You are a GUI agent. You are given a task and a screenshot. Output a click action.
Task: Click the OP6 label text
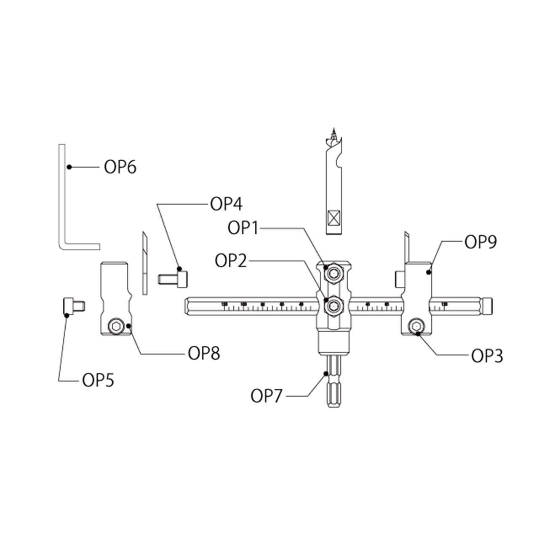pyautogui.click(x=120, y=168)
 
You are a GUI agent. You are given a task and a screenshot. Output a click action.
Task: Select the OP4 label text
pyautogui.click(x=227, y=205)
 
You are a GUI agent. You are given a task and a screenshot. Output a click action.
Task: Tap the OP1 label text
pyautogui.click(x=244, y=228)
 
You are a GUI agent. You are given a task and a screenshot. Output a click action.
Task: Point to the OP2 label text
pyautogui.click(x=232, y=260)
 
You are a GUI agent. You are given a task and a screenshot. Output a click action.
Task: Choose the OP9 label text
pyautogui.click(x=481, y=242)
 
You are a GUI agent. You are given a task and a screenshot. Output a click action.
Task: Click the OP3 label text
pyautogui.click(x=487, y=356)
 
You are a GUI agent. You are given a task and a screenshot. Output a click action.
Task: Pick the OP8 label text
pyautogui.click(x=204, y=354)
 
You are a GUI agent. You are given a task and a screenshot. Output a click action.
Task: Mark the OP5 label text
pyautogui.click(x=98, y=381)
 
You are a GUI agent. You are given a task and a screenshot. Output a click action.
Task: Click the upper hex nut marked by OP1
pyautogui.click(x=334, y=274)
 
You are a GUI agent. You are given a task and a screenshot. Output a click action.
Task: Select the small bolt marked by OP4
pyautogui.click(x=173, y=279)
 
